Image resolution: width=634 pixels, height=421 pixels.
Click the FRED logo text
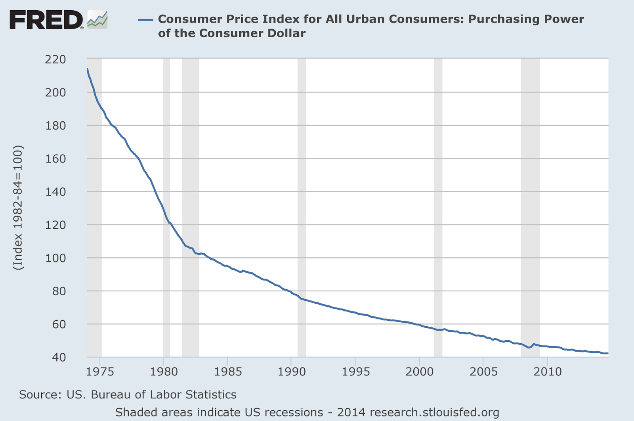click(46, 20)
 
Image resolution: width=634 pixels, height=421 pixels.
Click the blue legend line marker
click(145, 19)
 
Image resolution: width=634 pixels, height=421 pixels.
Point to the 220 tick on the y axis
click(55, 59)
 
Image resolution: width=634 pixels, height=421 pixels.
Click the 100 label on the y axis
click(55, 258)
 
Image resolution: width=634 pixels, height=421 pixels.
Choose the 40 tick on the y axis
click(59, 357)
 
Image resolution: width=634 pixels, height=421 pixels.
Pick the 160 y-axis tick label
click(55, 159)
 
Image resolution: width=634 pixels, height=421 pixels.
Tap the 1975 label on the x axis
click(100, 371)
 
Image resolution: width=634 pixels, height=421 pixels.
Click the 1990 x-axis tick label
click(291, 371)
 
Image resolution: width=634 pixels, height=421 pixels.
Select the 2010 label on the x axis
click(547, 371)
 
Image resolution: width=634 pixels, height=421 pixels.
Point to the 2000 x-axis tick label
click(420, 371)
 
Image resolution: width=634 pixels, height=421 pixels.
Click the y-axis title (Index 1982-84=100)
click(18, 208)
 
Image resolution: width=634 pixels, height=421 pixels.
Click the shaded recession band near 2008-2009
click(530, 198)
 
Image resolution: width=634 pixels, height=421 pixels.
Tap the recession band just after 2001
click(438, 198)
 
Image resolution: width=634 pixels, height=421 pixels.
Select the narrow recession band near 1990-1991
click(302, 198)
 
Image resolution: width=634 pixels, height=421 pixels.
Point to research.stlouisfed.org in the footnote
click(434, 412)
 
